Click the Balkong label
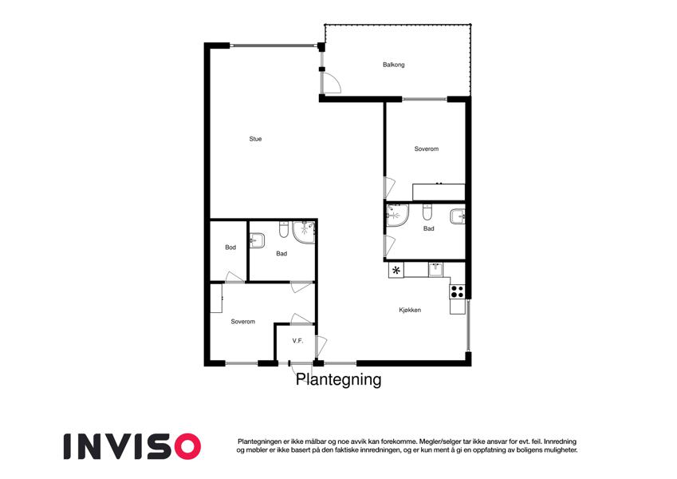coord(393,65)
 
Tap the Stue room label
coord(255,139)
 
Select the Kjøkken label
coord(410,310)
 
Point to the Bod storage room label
coord(230,247)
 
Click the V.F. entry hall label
coord(297,341)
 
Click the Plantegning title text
coord(338,379)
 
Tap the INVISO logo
coord(132,446)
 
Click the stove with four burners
coord(457,292)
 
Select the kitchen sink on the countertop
coord(435,270)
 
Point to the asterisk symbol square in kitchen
coord(396,271)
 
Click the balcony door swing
coord(332,84)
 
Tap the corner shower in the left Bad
coord(304,232)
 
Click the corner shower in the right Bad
coord(397,215)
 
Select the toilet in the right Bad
coord(427,212)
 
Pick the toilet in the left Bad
coord(283,229)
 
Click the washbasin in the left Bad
coord(258,240)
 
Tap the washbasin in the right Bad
coord(457,216)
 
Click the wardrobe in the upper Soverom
coord(439,192)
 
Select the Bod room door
coord(235,277)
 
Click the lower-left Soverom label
coord(243,322)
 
